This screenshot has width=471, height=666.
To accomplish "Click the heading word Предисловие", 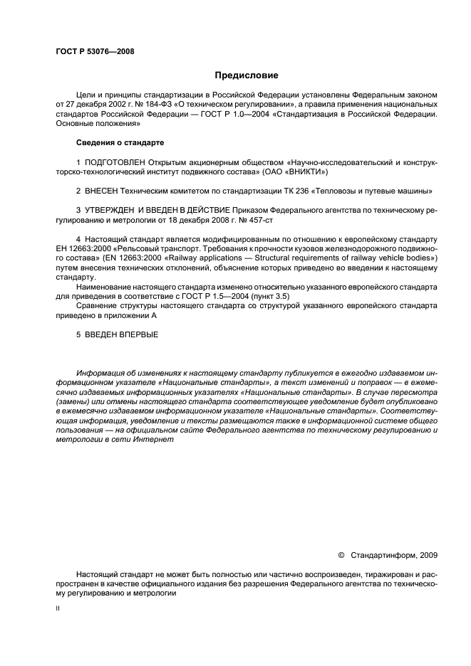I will [246, 75].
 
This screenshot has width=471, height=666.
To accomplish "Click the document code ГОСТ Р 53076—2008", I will [94, 51].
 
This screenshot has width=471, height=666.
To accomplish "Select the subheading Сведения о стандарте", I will [120, 142].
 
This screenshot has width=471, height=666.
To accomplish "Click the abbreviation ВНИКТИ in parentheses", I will [306, 172].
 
